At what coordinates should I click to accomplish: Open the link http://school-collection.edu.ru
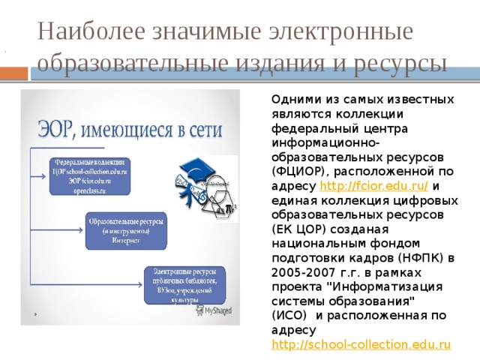(x=361, y=343)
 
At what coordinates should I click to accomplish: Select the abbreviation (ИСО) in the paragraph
(x=289, y=315)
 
